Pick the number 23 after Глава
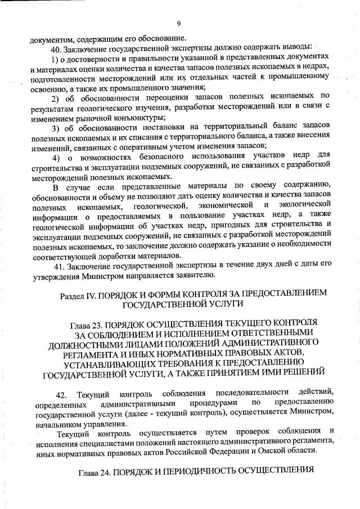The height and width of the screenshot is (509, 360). (x=99, y=326)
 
